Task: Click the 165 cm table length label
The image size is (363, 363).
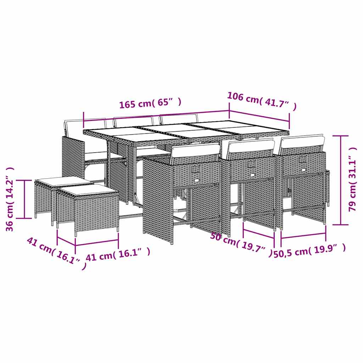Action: click(x=150, y=104)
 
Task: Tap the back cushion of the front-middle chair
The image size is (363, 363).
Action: click(x=251, y=146)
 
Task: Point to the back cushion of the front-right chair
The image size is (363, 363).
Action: click(x=302, y=141)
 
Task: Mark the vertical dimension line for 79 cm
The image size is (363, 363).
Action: click(x=341, y=180)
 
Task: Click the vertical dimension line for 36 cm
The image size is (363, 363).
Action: click(x=25, y=199)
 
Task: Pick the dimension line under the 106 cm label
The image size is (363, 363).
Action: click(x=259, y=116)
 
